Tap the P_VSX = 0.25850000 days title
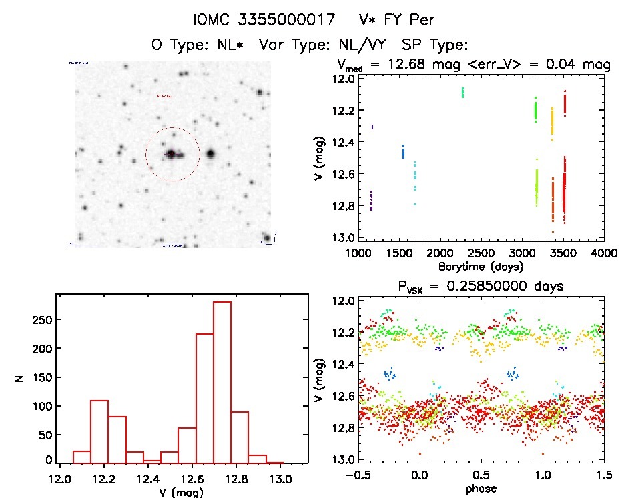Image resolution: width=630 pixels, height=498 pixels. pos(468,286)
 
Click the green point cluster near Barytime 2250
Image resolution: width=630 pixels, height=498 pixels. pos(462,92)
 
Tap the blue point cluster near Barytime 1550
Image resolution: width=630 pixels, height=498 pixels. pos(403,151)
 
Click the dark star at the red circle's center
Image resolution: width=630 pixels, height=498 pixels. pos(171,154)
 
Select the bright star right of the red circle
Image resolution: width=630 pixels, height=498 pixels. pos(211,154)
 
